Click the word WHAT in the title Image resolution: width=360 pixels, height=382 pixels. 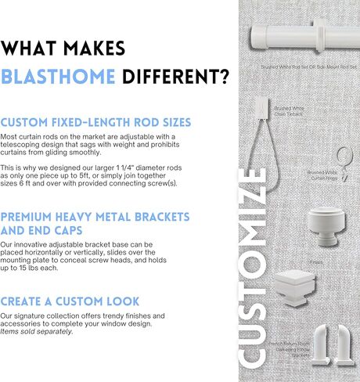[38, 48]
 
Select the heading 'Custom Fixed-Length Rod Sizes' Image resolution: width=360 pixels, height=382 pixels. [96, 123]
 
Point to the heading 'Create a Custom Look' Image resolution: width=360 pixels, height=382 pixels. [70, 301]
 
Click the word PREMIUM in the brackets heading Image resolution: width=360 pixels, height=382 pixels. [34, 215]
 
